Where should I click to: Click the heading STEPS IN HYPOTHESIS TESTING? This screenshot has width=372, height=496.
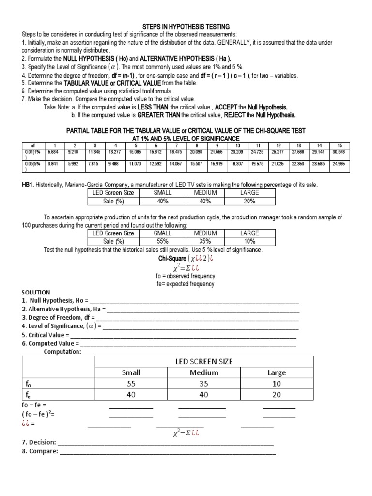point(186,26)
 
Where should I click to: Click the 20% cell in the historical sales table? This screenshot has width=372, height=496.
point(250,201)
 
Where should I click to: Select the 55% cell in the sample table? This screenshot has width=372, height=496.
point(162,241)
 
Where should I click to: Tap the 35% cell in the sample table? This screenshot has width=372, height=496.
point(205,241)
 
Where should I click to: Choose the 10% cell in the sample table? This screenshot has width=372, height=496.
point(250,241)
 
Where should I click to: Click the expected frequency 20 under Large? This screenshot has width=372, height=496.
point(277,395)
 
